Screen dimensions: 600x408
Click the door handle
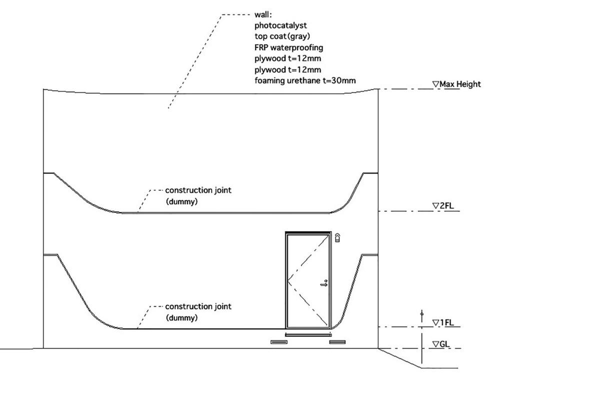point(324,283)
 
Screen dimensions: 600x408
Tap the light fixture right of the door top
point(338,238)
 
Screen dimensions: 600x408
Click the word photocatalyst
point(280,26)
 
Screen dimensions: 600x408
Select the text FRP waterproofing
point(289,48)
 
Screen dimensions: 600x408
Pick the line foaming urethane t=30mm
point(305,81)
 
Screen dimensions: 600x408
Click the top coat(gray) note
point(282,37)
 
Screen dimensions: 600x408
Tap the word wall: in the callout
point(263,15)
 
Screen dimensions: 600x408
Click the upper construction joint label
point(198,190)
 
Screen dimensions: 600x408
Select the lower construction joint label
point(198,306)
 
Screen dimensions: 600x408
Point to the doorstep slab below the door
point(308,334)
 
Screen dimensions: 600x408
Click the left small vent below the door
point(279,342)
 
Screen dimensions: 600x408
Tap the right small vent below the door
point(337,342)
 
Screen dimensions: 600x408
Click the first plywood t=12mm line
point(287,59)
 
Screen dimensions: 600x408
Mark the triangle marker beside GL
point(436,344)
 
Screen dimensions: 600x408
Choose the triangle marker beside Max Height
point(436,84)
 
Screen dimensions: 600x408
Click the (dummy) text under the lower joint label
point(181,318)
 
